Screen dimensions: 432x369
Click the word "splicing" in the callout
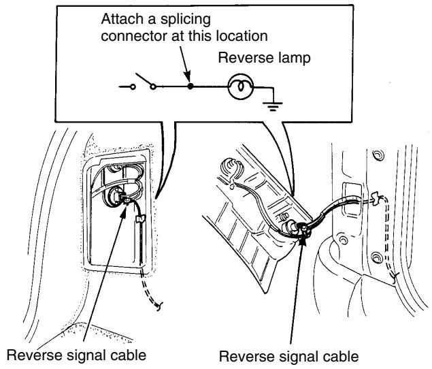tap(186, 20)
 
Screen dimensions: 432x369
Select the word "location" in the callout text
tap(242, 36)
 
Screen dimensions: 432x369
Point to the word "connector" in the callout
tap(135, 37)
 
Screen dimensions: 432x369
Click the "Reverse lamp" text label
tap(264, 58)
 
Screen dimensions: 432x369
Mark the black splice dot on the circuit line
tap(190, 86)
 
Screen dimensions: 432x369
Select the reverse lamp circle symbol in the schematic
tap(240, 86)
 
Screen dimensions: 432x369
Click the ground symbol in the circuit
tap(273, 106)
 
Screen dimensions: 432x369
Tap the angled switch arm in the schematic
tap(144, 79)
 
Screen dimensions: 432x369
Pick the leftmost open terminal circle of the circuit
tap(133, 87)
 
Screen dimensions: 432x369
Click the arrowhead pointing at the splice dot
tap(187, 75)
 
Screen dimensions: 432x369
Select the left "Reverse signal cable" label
tap(76, 355)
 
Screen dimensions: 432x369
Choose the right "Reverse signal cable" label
tap(288, 356)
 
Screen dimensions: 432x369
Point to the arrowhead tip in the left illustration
tap(126, 205)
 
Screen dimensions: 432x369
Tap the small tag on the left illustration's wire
tap(140, 219)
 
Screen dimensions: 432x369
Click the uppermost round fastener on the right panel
tap(378, 155)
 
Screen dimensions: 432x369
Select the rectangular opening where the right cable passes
tap(352, 199)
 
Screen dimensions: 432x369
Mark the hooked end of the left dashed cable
tap(159, 306)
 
